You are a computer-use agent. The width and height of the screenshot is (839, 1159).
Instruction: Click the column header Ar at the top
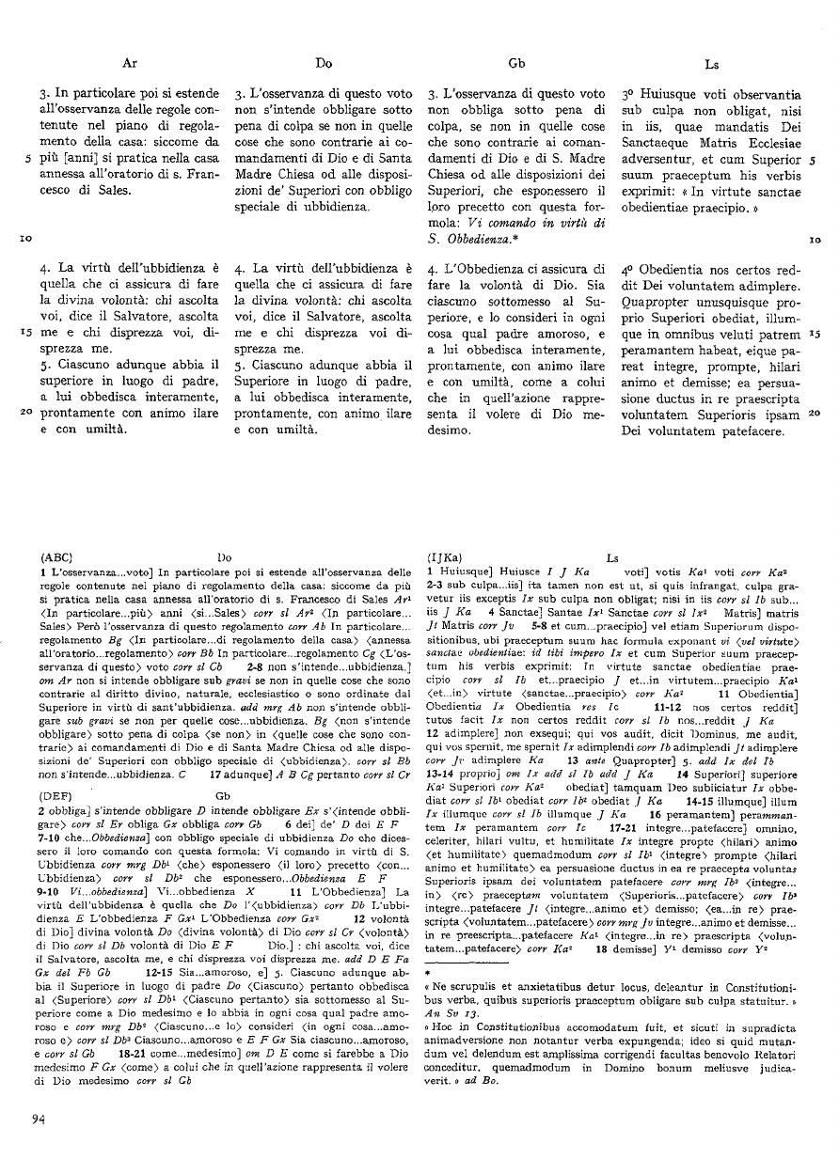click(x=131, y=64)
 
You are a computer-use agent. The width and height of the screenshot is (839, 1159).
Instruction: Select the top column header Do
click(x=324, y=64)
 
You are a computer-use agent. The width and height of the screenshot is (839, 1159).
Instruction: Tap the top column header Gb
click(x=515, y=64)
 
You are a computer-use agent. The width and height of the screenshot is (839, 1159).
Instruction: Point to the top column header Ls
click(x=712, y=64)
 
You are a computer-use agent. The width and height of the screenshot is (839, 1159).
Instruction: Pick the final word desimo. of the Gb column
click(x=451, y=431)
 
